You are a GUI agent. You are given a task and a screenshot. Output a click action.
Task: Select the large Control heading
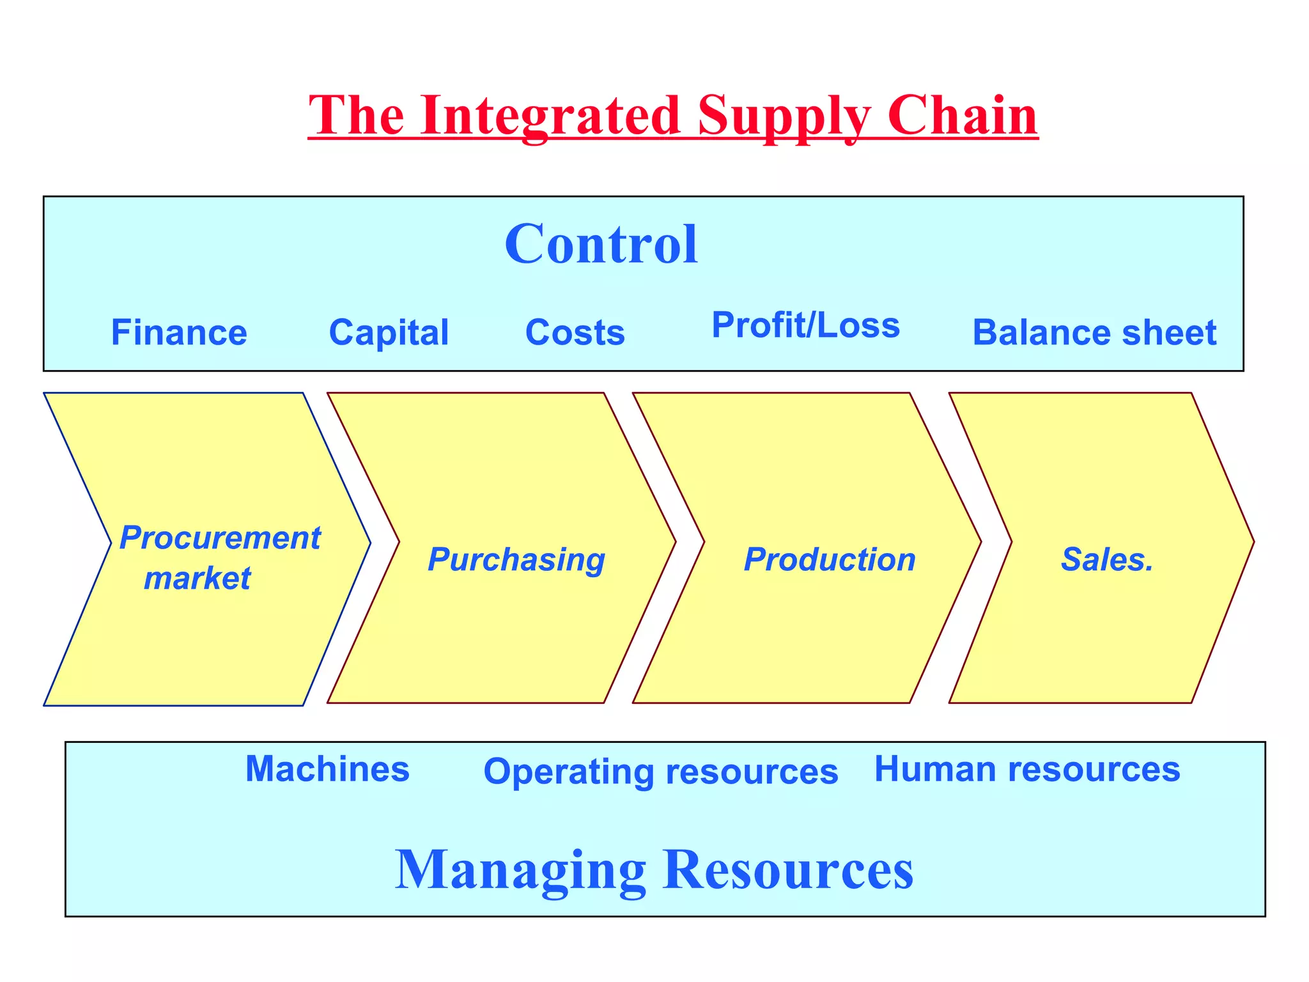[601, 244]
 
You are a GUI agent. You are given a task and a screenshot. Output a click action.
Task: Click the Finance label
[179, 333]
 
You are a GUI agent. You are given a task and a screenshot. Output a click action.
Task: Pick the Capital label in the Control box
[389, 333]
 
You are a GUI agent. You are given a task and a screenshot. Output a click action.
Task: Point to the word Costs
[575, 333]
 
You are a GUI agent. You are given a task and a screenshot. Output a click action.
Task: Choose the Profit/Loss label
[805, 325]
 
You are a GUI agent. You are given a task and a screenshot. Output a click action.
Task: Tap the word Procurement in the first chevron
[220, 538]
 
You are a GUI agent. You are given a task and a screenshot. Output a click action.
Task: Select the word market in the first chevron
[197, 578]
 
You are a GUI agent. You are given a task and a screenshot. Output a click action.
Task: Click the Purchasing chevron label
[516, 560]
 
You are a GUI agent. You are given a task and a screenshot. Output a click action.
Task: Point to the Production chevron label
[830, 560]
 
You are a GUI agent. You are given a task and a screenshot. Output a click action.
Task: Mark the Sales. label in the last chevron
[1107, 560]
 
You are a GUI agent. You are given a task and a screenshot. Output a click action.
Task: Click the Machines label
[327, 769]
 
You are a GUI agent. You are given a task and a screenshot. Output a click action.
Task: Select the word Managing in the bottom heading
[520, 871]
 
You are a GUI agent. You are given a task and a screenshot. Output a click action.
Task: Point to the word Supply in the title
[784, 117]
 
